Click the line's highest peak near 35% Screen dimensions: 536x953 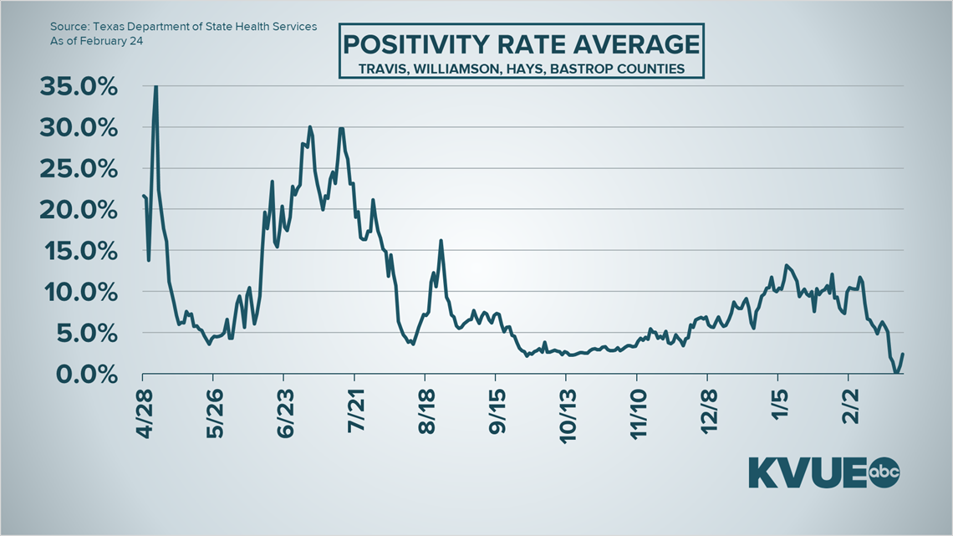coord(155,86)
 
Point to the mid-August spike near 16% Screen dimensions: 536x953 coord(441,241)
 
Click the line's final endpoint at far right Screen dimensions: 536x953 coord(903,354)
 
